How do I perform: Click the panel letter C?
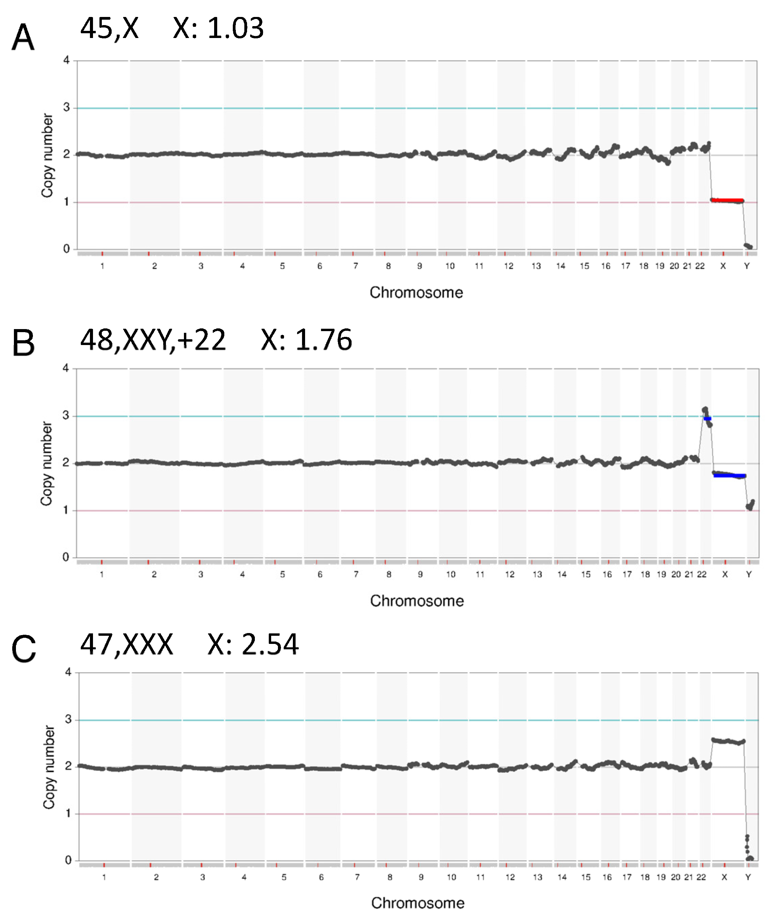pos(23,649)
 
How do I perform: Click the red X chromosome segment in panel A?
pos(728,200)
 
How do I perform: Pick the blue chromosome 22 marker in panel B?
pos(707,418)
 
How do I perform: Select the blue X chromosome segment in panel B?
pos(729,476)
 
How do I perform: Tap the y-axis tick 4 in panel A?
pos(67,60)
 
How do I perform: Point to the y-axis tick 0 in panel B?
pos(66,557)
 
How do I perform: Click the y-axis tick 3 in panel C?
pos(68,720)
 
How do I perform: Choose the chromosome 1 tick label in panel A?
pos(102,266)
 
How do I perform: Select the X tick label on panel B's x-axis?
pos(725,574)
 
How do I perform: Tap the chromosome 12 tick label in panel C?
pos(510,877)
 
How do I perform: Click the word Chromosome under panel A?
pos(416,292)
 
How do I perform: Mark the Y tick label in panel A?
pos(747,266)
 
